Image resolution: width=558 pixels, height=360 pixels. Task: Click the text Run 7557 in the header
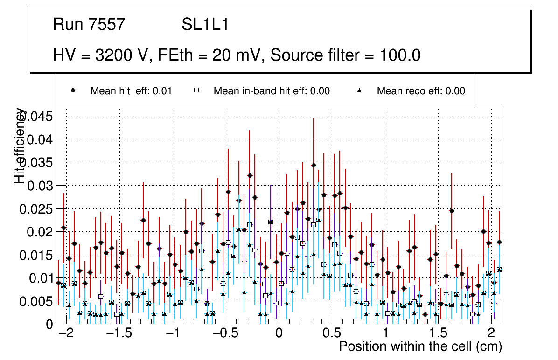click(x=89, y=25)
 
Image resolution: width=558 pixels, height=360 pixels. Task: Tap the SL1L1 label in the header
click(x=205, y=25)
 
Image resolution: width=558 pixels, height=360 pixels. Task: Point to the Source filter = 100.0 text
click(x=346, y=55)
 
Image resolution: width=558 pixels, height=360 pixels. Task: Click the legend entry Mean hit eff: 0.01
click(x=131, y=91)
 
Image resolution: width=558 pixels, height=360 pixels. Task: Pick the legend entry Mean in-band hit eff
click(x=272, y=91)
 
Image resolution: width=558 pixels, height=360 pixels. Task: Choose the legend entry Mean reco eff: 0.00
click(x=421, y=91)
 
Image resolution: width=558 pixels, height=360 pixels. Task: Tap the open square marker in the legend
click(x=196, y=90)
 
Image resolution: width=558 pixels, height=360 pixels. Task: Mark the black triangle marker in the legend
click(x=360, y=90)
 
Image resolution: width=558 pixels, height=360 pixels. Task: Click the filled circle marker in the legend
click(x=73, y=90)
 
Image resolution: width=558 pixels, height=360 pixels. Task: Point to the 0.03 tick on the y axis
click(x=40, y=186)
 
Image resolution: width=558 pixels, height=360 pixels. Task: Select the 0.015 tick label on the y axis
click(x=36, y=255)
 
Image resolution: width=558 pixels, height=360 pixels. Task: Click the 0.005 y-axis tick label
click(x=36, y=301)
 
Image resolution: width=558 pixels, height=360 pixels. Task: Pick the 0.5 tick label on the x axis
click(x=332, y=334)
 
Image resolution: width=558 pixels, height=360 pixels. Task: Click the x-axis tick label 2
click(x=491, y=334)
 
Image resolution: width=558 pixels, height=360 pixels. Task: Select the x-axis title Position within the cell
click(x=420, y=346)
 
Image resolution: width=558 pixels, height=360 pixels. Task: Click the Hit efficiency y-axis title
click(x=20, y=145)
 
